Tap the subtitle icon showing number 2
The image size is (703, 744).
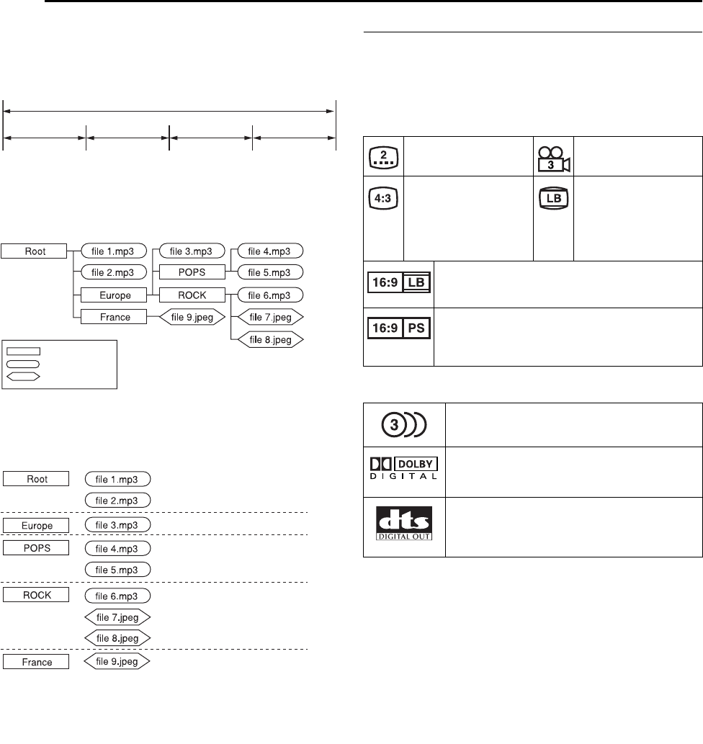pyautogui.click(x=383, y=156)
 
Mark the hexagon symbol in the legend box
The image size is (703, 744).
pyautogui.click(x=24, y=376)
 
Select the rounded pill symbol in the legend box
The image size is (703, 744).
pyautogui.click(x=24, y=364)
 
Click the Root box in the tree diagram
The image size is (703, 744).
pyautogui.click(x=34, y=251)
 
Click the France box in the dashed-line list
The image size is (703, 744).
pyautogui.click(x=36, y=661)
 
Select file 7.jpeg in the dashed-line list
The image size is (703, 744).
pyautogui.click(x=117, y=617)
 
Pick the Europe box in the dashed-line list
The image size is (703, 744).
pyautogui.click(x=36, y=524)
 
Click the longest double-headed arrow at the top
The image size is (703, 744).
pyautogui.click(x=169, y=111)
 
